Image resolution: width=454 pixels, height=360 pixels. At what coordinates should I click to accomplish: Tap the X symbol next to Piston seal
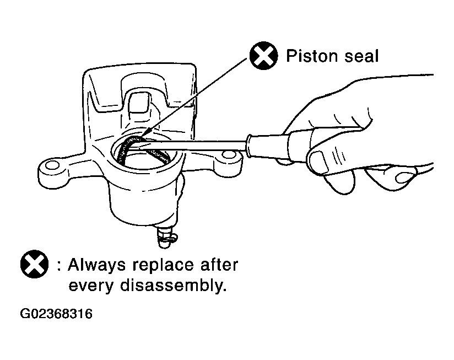(263, 56)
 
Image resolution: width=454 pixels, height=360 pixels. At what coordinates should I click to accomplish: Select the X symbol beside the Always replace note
(35, 264)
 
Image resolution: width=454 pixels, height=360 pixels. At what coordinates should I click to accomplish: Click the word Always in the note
(97, 266)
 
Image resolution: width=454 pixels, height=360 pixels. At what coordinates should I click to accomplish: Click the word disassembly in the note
(172, 286)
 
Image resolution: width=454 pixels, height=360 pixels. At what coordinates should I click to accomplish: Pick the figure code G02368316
(56, 314)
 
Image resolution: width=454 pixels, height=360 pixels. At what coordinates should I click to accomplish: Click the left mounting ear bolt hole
(52, 165)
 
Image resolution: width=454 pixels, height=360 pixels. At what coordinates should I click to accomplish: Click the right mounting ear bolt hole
(229, 154)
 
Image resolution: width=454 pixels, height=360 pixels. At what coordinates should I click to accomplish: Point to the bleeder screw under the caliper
(166, 237)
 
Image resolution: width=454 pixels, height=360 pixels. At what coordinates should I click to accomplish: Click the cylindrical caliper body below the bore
(143, 200)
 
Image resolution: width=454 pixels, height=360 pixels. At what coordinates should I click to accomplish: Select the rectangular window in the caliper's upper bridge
(139, 102)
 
